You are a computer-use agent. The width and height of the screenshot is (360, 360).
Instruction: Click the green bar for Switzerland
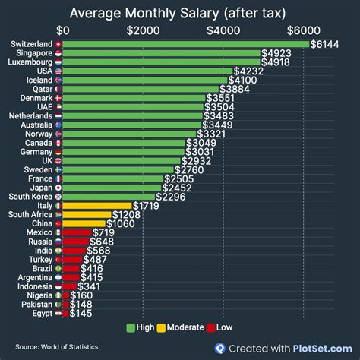pos(186,44)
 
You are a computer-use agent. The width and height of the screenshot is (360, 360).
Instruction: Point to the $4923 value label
pos(277,53)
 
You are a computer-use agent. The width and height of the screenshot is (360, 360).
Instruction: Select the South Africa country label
pos(30,215)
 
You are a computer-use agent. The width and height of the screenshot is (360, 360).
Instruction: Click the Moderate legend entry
pos(179,327)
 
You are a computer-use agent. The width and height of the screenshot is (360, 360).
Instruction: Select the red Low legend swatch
pos(211,327)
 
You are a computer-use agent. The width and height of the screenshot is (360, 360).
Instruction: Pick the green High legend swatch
pos(131,327)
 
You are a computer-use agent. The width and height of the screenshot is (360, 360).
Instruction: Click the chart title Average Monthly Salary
pos(179,11)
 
